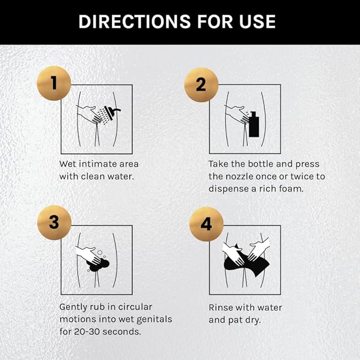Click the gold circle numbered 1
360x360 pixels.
tap(54, 83)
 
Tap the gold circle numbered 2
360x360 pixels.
tap(201, 85)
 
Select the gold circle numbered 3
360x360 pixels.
tap(54, 223)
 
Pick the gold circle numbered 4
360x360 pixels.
tap(206, 224)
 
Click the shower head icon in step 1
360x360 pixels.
tap(111, 112)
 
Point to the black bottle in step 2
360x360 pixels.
tap(254, 124)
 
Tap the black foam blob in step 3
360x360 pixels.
tap(98, 265)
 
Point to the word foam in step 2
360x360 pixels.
tap(291, 189)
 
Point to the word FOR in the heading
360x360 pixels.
tap(215, 22)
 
